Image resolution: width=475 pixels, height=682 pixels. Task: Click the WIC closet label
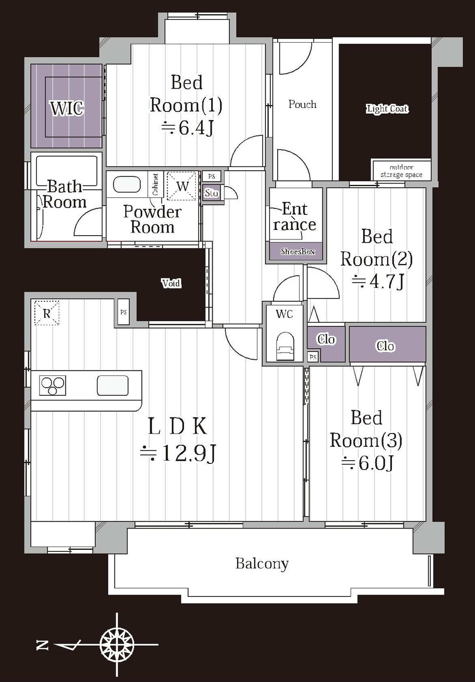click(x=67, y=108)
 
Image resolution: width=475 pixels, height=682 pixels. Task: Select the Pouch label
click(x=302, y=105)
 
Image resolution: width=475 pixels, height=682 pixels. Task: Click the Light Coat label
click(x=387, y=109)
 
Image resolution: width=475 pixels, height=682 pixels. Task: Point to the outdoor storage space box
click(x=401, y=171)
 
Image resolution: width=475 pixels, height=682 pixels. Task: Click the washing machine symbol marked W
click(x=182, y=186)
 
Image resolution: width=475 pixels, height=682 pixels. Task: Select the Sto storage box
click(x=211, y=193)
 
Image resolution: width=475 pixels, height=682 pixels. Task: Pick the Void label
click(x=172, y=284)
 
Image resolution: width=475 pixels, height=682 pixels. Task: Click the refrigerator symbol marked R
click(x=46, y=313)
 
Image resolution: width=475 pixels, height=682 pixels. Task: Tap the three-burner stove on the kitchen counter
click(x=53, y=386)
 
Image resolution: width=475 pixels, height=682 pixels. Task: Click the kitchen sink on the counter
click(x=112, y=385)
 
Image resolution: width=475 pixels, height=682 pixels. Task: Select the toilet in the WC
click(x=285, y=347)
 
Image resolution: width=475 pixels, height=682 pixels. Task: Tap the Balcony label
click(x=262, y=564)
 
